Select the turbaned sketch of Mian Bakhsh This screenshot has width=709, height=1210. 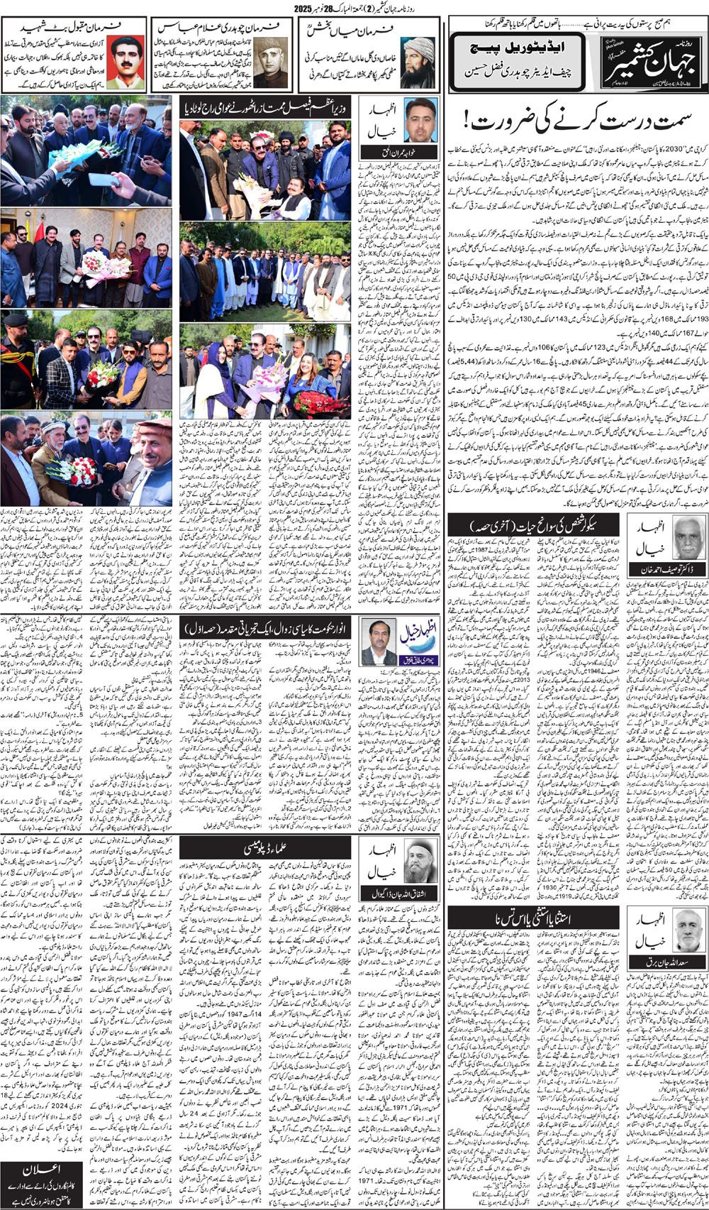(418, 62)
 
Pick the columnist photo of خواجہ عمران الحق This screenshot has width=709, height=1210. (420, 120)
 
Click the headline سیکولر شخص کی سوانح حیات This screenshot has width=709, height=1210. (532, 526)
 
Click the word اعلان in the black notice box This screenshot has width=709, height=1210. (43, 1170)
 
